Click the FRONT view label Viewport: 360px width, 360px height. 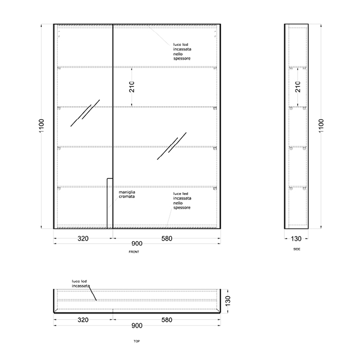(x=134, y=252)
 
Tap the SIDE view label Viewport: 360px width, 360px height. (x=297, y=249)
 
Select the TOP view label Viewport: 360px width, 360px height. (x=137, y=341)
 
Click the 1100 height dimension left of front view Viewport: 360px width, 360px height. (x=41, y=126)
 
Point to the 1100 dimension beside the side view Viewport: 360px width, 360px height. (x=321, y=126)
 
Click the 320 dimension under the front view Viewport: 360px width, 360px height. (x=83, y=239)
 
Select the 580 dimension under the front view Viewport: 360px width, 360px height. (x=167, y=239)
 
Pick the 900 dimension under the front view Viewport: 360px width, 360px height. (x=137, y=244)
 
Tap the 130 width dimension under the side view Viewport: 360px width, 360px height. (x=296, y=239)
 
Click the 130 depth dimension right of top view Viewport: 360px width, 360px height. (x=228, y=301)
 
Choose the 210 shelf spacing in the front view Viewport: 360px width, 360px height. (x=132, y=87)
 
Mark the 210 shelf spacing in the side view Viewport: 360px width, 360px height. (x=298, y=87)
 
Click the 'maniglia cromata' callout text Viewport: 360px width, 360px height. (x=127, y=194)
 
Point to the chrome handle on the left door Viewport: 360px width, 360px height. (x=110, y=204)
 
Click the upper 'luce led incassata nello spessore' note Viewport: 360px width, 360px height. (x=182, y=51)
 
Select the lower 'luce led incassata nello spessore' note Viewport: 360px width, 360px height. (x=182, y=201)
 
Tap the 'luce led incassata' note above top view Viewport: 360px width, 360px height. (x=81, y=283)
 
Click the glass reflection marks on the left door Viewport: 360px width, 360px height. (x=85, y=113)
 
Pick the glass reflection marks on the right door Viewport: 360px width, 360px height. (x=172, y=146)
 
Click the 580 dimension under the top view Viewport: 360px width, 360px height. (x=167, y=320)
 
